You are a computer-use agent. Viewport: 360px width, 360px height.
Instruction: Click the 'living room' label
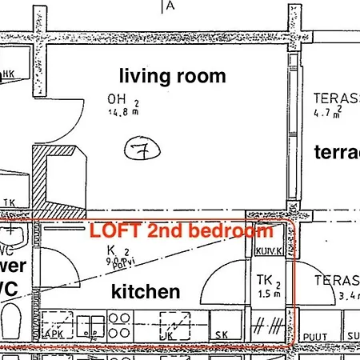coord(172,76)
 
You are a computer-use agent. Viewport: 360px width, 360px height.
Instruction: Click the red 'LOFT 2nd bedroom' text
coord(181,232)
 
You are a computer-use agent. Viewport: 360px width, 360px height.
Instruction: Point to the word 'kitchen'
coord(145,290)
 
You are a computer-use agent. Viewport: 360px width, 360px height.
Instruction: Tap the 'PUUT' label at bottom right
coord(314,336)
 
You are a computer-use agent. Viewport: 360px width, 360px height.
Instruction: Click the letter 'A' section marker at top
coord(170,5)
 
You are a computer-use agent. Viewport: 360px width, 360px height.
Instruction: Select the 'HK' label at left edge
coord(9,74)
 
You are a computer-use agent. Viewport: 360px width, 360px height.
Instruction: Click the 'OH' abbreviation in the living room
coord(117,99)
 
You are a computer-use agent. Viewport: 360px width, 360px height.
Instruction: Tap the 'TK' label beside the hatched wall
coord(9,202)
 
